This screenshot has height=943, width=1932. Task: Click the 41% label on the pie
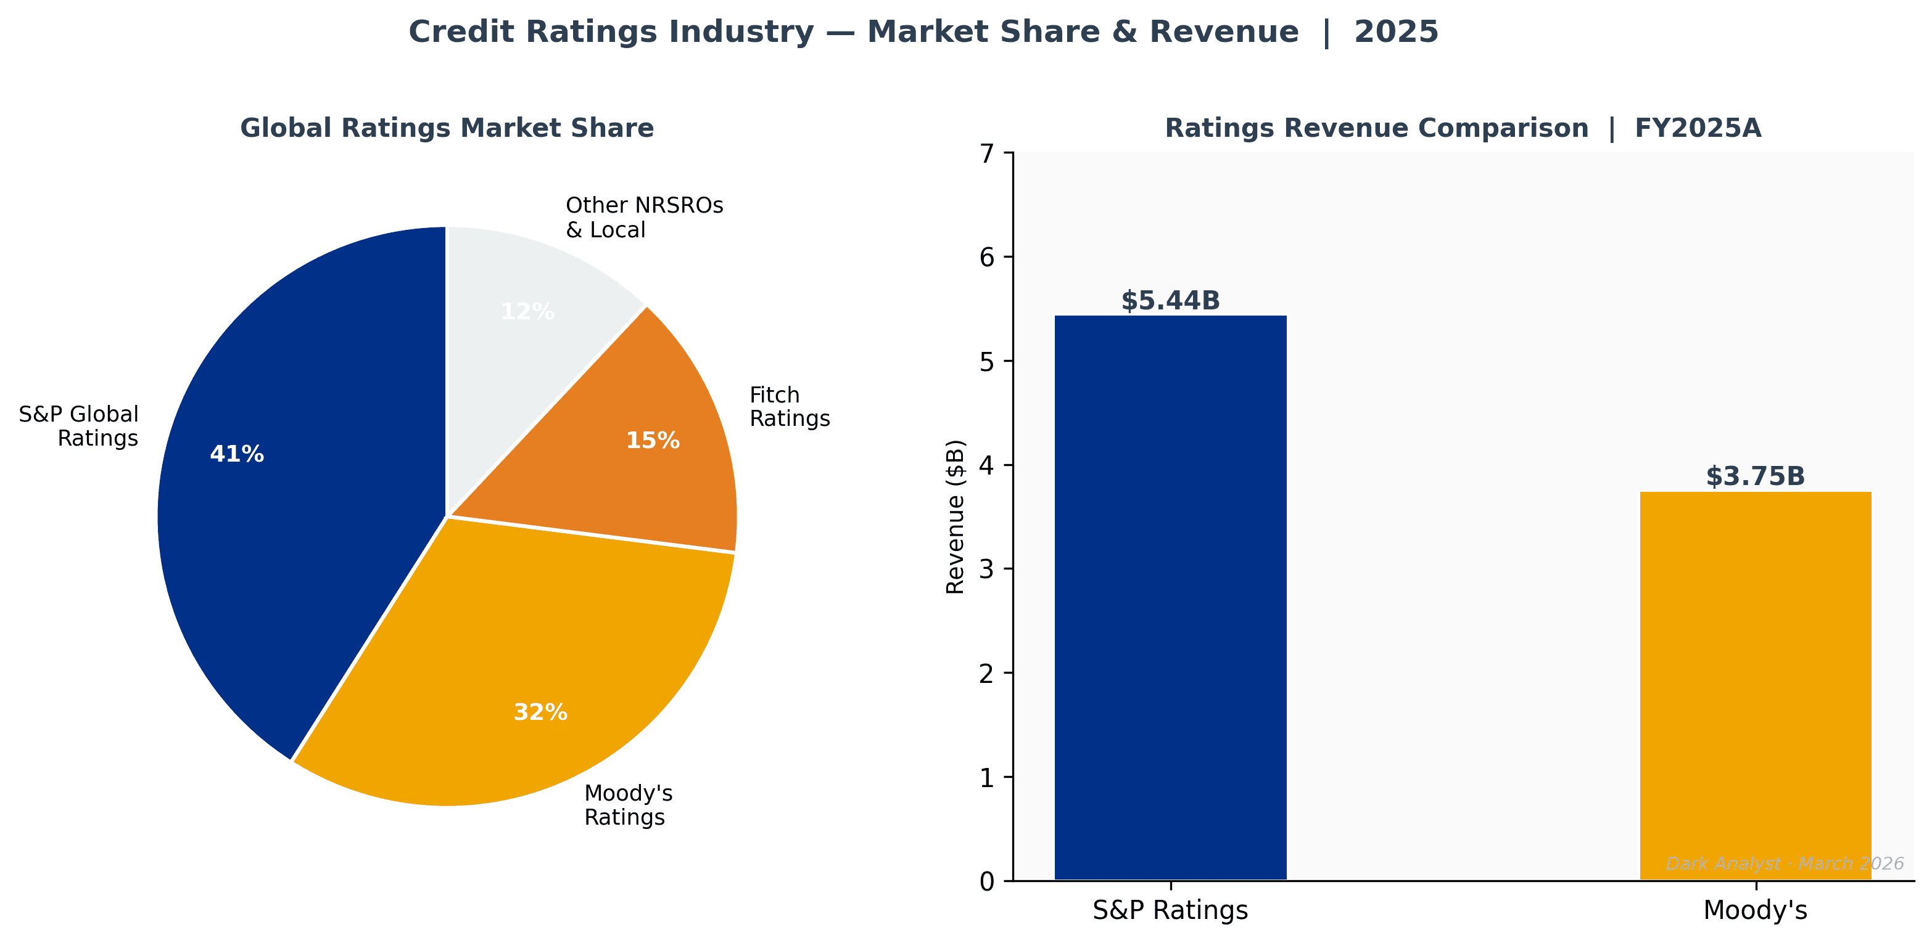coord(236,454)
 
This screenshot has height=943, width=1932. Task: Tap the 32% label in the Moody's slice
coord(540,712)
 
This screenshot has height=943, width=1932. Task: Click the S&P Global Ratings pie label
coord(79,426)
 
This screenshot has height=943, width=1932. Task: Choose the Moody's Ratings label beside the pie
coord(628,805)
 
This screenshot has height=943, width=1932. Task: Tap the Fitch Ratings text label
coord(789,406)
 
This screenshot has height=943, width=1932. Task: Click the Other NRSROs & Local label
coord(643,218)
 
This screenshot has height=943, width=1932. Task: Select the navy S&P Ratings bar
coord(1170,600)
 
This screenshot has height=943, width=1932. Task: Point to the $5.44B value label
coord(1170,301)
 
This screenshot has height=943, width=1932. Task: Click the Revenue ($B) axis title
coord(956,517)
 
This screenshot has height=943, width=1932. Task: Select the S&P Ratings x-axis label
coord(1170,910)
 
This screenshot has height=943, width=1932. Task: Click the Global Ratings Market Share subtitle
coord(447,128)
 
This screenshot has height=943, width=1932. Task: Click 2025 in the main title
coord(1396,32)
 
